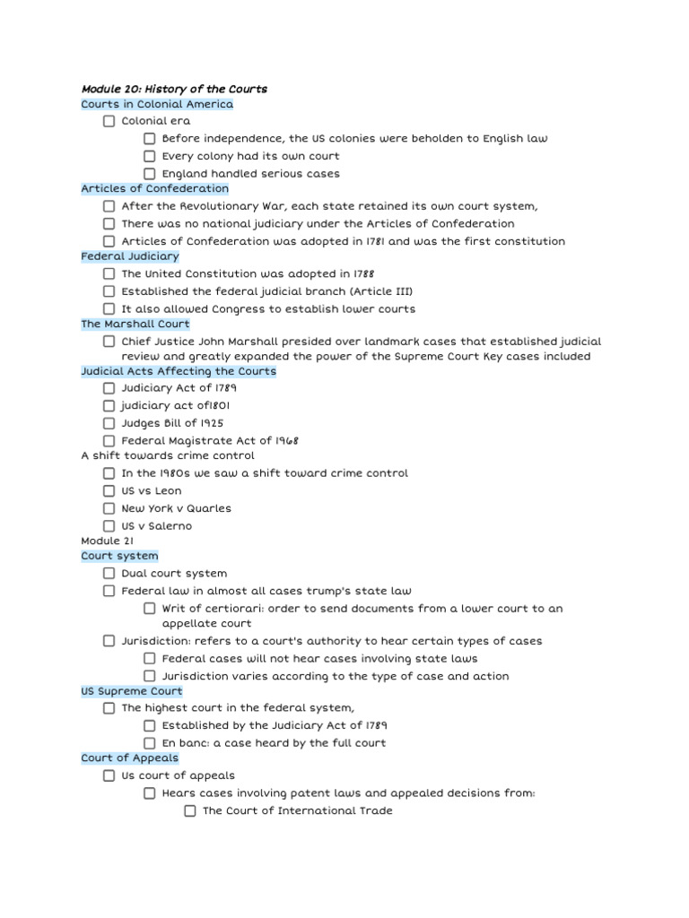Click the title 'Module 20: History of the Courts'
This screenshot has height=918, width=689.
click(x=174, y=89)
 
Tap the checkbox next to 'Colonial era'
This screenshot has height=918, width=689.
click(x=109, y=121)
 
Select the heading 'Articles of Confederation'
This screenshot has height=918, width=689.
click(x=154, y=188)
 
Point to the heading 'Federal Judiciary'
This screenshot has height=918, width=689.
click(x=130, y=256)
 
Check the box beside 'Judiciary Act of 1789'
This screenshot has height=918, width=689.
click(x=109, y=388)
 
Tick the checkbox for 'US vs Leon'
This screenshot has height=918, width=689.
click(x=109, y=491)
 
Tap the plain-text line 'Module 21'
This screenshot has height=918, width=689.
click(x=107, y=541)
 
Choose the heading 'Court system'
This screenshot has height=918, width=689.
click(x=119, y=556)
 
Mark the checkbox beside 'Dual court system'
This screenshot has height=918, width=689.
click(x=109, y=574)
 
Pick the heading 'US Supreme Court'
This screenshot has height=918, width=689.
click(x=131, y=691)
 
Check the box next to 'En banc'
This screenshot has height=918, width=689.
click(x=150, y=743)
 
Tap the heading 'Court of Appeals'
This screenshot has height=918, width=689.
click(x=129, y=758)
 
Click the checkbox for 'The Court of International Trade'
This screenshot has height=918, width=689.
click(x=190, y=811)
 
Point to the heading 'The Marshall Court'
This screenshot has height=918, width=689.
click(x=135, y=324)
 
